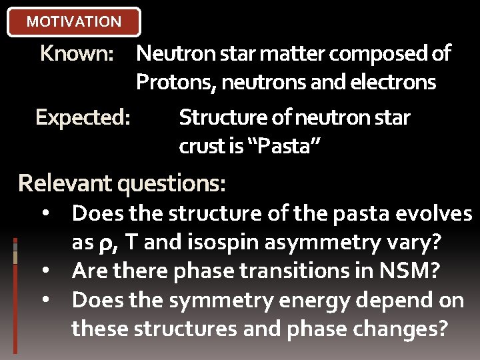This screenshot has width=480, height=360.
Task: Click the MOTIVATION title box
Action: pyautogui.click(x=73, y=21)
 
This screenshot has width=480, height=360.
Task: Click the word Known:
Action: pyautogui.click(x=77, y=53)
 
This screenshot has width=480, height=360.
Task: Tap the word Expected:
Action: pyautogui.click(x=83, y=117)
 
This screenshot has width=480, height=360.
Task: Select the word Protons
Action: pyautogui.click(x=174, y=83)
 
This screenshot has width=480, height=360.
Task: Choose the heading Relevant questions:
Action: pyautogui.click(x=122, y=183)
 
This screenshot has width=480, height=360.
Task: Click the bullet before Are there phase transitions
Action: pyautogui.click(x=44, y=272)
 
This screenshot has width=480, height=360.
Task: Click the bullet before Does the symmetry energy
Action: pyautogui.click(x=44, y=301)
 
